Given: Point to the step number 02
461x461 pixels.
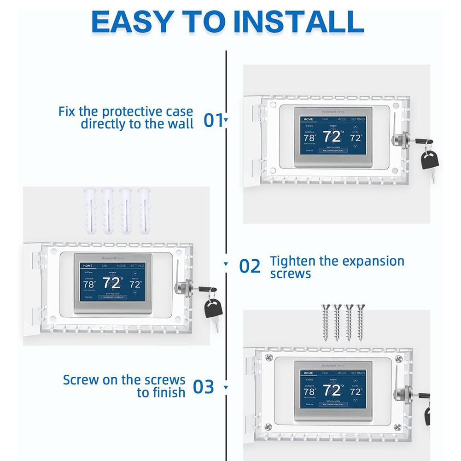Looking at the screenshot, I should point(250,266).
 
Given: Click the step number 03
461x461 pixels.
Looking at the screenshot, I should point(203,387).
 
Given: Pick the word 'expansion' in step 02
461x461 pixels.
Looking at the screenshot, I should point(368,262).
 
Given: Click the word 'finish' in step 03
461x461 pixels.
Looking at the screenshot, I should point(161,393).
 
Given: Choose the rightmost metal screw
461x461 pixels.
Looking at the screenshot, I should point(360,322).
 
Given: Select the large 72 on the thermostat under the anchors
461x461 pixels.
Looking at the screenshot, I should point(112,282).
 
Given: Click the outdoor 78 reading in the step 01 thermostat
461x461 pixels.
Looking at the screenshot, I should point(309,137).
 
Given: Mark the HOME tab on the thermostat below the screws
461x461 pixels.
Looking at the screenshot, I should point(308,373).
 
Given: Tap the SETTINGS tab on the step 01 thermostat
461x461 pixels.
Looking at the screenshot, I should point(358,119).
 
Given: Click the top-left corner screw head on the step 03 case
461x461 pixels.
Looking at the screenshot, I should point(269,357).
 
